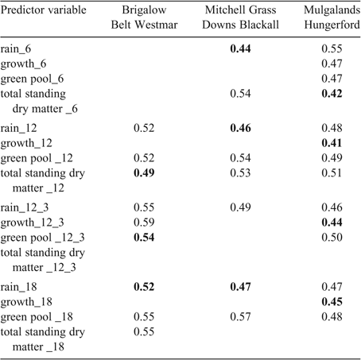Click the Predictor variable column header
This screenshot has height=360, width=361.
[44, 10]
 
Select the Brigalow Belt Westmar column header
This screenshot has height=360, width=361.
[144, 17]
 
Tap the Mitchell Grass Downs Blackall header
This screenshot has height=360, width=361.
[240, 17]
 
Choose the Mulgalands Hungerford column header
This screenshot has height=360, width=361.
[332, 17]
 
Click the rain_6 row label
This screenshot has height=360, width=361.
[16, 48]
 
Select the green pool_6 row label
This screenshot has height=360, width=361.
[32, 79]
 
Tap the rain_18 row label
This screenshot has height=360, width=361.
[18, 287]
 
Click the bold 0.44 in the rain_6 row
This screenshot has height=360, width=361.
[240, 48]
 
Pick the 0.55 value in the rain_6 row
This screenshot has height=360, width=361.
[332, 48]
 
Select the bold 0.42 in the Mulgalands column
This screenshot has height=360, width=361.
[332, 94]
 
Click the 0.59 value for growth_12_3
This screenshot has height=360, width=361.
[144, 223]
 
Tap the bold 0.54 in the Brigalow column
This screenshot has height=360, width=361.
[144, 238]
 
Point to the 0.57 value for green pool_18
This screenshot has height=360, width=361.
[240, 317]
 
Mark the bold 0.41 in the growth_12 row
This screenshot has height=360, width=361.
[332, 143]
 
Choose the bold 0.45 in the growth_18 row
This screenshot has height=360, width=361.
[332, 302]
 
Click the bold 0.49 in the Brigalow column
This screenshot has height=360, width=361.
[144, 173]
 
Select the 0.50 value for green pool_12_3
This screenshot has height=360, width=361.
[332, 238]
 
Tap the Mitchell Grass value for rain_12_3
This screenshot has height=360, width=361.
[240, 207]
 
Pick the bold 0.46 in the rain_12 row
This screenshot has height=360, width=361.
[240, 128]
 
